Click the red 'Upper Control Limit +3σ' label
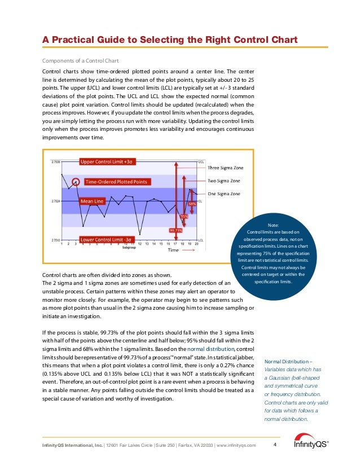tap(106, 162)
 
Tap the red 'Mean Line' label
tap(92, 200)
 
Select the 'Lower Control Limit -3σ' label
tap(107, 239)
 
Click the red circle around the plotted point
tap(77, 182)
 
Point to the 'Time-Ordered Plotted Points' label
tap(116, 182)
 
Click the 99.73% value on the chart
tap(175, 230)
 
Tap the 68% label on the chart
tap(192, 204)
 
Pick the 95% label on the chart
tap(184, 216)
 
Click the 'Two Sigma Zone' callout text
tap(224, 181)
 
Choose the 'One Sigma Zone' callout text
tap(224, 194)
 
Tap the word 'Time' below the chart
tap(173, 250)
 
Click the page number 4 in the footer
tap(274, 445)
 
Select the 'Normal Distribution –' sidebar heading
tap(289, 361)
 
